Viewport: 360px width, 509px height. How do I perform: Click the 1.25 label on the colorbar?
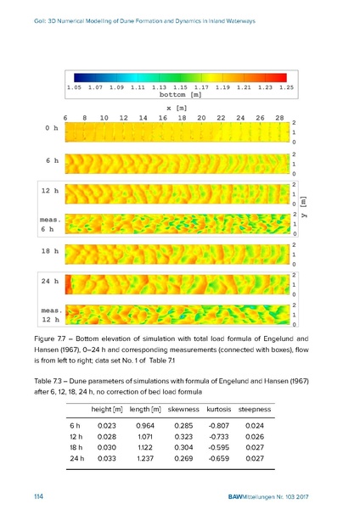[x=286, y=87]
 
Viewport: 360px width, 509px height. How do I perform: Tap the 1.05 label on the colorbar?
[x=74, y=87]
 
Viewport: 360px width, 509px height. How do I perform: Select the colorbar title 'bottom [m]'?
[x=181, y=94]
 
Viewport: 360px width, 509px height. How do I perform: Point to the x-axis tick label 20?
[x=201, y=118]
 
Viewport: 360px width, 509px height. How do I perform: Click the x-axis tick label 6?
[x=65, y=118]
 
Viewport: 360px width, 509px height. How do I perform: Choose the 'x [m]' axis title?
[x=177, y=108]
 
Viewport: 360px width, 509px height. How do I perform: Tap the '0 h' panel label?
[x=52, y=128]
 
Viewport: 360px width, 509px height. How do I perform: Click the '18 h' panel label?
[x=50, y=251]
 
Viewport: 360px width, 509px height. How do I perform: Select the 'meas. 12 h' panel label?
[x=51, y=315]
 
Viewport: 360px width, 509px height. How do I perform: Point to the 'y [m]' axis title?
[x=303, y=206]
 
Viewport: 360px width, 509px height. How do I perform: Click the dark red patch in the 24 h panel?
[x=69, y=285]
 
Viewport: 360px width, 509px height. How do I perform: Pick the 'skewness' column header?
[x=183, y=410]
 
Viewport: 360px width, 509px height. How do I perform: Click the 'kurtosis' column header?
[x=219, y=410]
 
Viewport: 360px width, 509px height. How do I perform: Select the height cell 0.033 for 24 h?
[x=107, y=458]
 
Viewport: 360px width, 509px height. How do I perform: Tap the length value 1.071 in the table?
[x=145, y=437]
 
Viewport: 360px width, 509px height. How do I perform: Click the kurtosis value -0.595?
[x=219, y=447]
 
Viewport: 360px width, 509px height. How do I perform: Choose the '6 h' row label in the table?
[x=75, y=426]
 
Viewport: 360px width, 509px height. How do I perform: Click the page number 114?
[x=38, y=496]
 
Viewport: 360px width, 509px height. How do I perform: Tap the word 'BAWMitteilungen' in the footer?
[x=251, y=497]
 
